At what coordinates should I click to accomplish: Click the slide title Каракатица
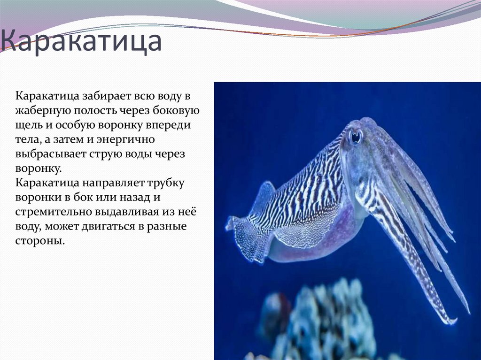[x=81, y=42]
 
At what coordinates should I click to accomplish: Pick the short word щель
[x=28, y=125]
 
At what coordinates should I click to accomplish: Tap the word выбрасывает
[x=46, y=154]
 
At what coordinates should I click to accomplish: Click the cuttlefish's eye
[x=355, y=136]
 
